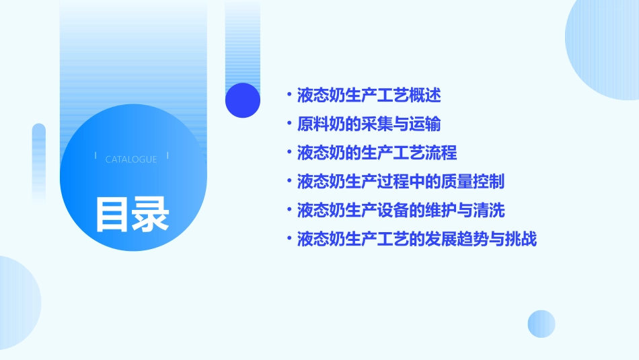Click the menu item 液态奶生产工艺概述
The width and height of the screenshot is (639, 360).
369,95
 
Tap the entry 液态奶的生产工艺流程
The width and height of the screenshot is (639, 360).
377,153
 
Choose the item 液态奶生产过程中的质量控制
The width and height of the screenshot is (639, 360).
400,182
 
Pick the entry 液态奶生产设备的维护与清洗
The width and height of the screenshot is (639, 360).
400,211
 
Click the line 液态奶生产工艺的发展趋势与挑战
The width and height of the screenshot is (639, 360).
416,240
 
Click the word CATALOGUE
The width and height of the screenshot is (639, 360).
131,159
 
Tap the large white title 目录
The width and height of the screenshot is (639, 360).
132,214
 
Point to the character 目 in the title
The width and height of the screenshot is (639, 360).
112,214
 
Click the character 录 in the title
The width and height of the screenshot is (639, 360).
151,214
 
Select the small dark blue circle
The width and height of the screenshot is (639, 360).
243,100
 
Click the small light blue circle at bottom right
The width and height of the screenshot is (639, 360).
541,324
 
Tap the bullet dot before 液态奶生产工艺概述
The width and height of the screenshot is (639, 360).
289,95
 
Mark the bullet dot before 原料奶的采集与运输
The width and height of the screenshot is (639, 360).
289,124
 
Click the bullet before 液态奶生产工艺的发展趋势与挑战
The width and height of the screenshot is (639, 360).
289,240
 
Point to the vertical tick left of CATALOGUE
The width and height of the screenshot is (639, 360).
96,156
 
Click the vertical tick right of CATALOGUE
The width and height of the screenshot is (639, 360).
167,156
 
